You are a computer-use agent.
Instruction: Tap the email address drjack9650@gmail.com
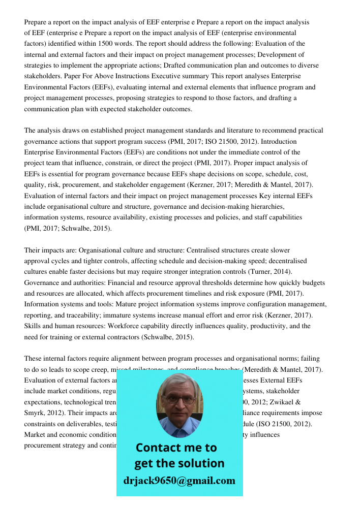coord(179,481)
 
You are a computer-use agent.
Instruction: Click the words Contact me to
coord(176,448)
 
